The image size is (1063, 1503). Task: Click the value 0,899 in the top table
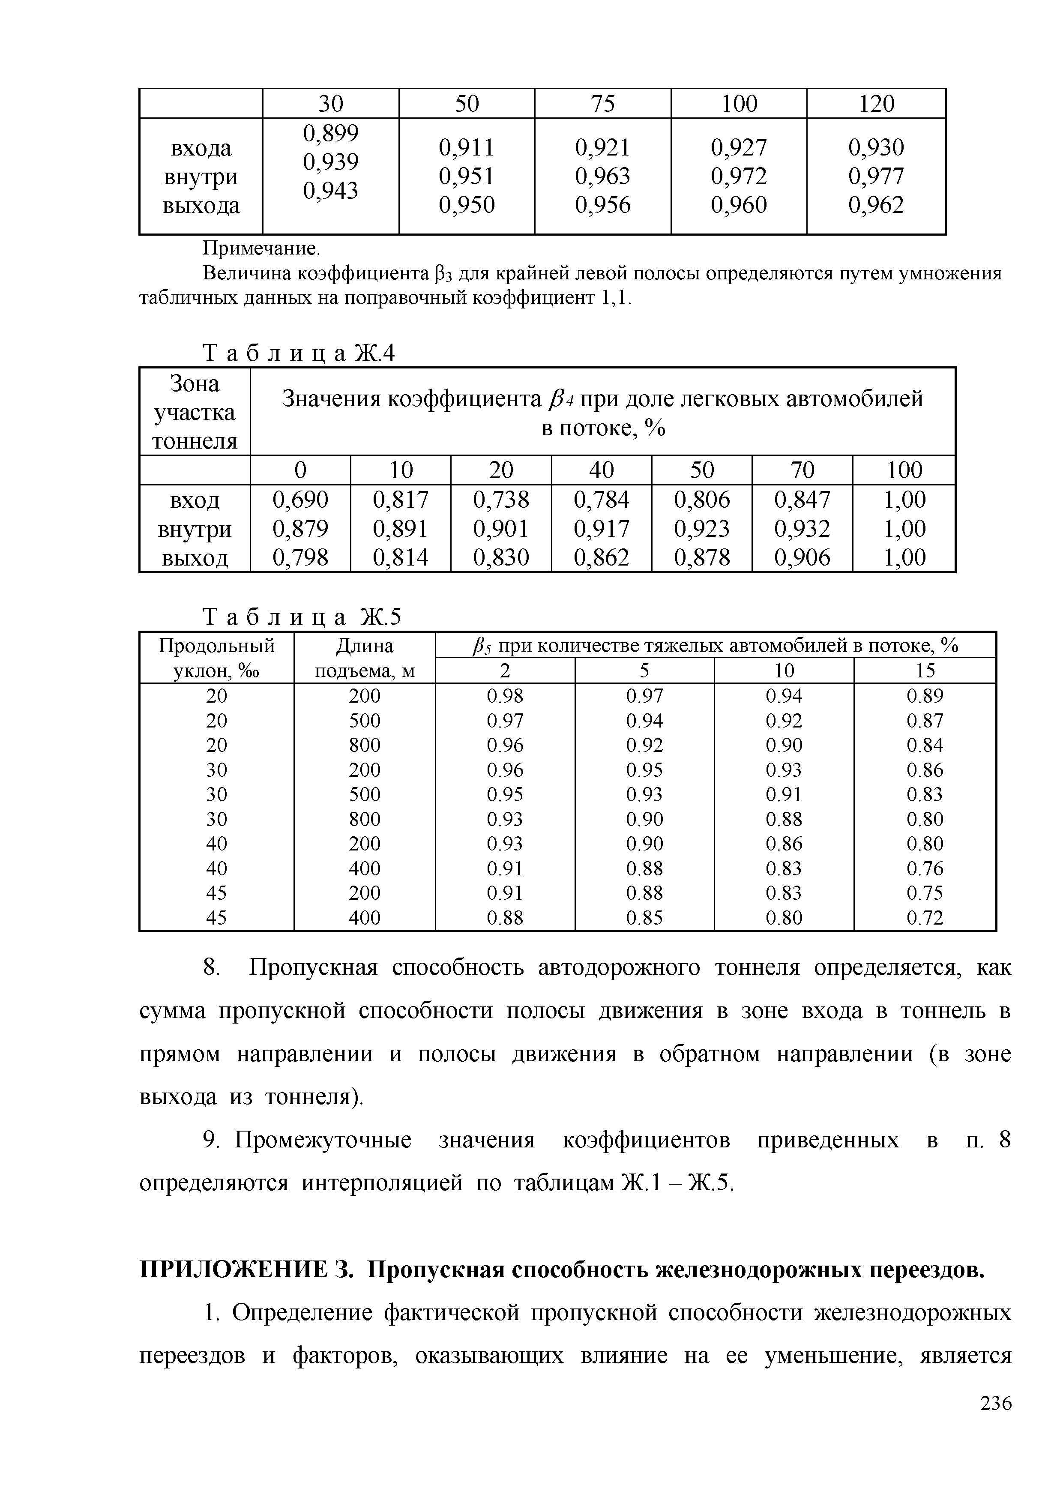click(330, 133)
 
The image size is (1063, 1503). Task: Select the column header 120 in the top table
click(876, 103)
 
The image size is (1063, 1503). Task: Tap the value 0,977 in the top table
click(876, 176)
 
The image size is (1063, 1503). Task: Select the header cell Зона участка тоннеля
click(195, 412)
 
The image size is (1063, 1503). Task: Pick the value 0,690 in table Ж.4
click(300, 500)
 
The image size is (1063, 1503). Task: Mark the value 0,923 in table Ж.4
click(702, 528)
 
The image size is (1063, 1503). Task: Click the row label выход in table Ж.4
click(195, 558)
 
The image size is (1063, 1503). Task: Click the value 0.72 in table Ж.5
click(925, 918)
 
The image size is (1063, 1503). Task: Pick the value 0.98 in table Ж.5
click(505, 695)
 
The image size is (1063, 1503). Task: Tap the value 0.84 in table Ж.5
click(925, 745)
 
